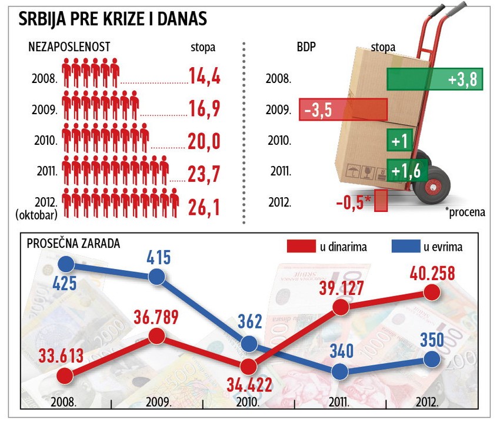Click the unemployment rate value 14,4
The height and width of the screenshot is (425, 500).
(204, 77)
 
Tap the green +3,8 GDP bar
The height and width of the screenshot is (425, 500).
(434, 79)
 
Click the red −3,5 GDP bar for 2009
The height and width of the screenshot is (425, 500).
(343, 109)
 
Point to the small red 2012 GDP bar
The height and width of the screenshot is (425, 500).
(381, 200)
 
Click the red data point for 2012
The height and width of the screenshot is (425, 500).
(432, 292)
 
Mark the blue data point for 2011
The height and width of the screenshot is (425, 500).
(340, 371)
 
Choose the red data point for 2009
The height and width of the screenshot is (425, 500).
(156, 336)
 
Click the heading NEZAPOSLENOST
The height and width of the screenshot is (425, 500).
(69, 47)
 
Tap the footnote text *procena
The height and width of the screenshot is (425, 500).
(465, 213)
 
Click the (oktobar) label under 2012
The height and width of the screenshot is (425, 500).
(36, 215)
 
